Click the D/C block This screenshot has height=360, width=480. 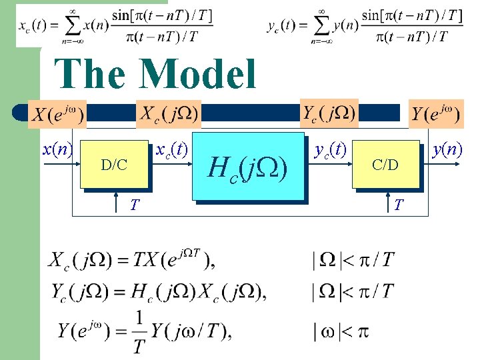coord(114,164)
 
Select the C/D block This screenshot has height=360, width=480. coord(385,164)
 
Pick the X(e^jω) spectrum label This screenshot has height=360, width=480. coord(57,114)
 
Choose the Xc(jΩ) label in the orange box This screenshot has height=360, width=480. coord(167,113)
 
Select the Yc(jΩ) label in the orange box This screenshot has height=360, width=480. coord(329,112)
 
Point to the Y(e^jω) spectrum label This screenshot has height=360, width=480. coord(435,114)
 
